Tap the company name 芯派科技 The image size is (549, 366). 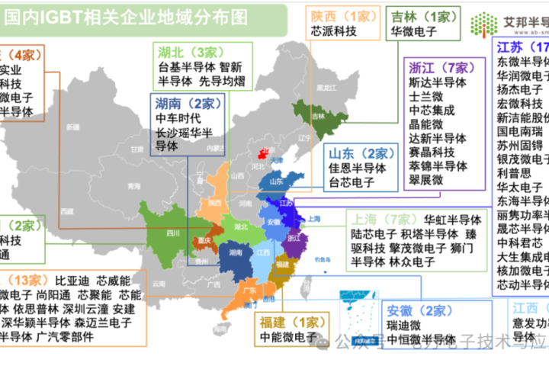[333, 32]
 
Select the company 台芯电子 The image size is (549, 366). [352, 183]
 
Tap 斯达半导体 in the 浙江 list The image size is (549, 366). [437, 82]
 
